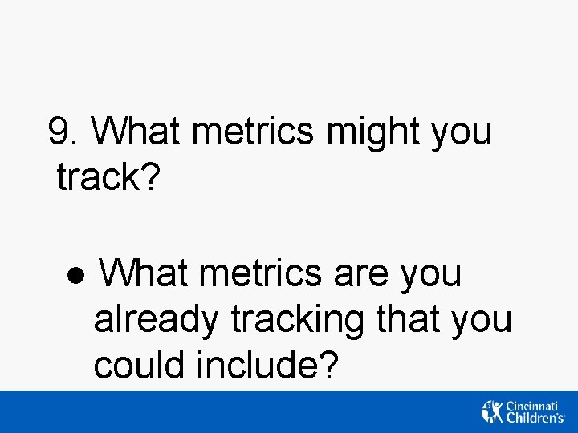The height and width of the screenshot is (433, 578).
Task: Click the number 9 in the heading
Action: point(59,132)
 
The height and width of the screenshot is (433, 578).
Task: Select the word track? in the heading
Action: point(109,178)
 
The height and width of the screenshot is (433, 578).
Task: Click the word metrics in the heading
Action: point(255,132)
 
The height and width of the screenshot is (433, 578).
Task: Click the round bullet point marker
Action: point(74,275)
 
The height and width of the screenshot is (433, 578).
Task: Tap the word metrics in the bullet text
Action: point(262,273)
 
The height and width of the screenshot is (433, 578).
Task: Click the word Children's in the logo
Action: point(535,418)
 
